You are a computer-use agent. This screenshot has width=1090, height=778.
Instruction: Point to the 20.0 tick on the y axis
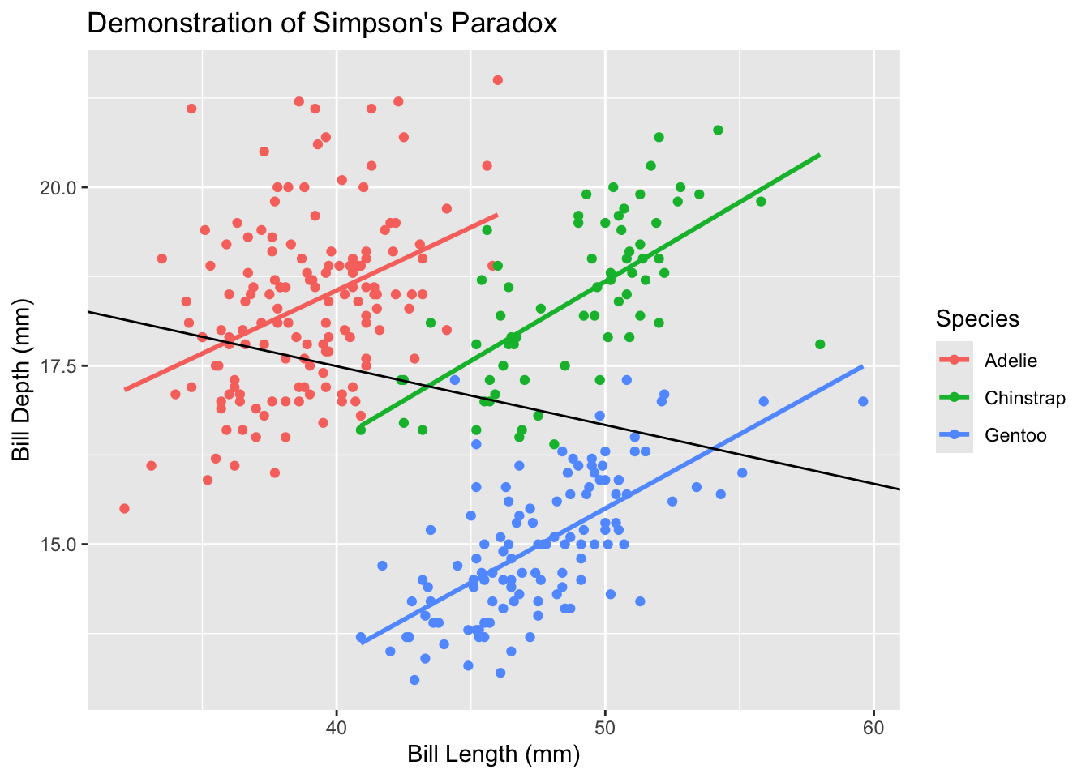pyautogui.click(x=59, y=187)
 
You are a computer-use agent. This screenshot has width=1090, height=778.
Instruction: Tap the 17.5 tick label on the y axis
pyautogui.click(x=59, y=366)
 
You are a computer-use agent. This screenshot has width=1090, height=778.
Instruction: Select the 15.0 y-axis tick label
pyautogui.click(x=59, y=545)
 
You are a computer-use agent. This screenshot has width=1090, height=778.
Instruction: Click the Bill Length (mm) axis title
pyautogui.click(x=493, y=754)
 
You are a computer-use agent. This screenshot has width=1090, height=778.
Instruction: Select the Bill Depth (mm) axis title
pyautogui.click(x=21, y=380)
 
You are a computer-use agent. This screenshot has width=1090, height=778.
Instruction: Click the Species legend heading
pyautogui.click(x=977, y=318)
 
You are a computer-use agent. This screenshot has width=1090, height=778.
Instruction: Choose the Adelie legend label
pyautogui.click(x=1011, y=361)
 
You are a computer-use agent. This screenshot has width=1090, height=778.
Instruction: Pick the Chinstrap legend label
pyautogui.click(x=1024, y=398)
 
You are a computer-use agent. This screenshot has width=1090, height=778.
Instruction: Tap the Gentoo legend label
pyautogui.click(x=1015, y=435)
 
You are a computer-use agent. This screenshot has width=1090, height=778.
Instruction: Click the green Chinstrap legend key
pyautogui.click(x=955, y=398)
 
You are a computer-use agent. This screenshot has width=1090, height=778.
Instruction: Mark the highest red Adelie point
pyautogui.click(x=498, y=79)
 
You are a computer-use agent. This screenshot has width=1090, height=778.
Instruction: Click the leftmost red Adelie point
pyautogui.click(x=124, y=508)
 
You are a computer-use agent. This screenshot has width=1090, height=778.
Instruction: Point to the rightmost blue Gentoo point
pyautogui.click(x=863, y=401)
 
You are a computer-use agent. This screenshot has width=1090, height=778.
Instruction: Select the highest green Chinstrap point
pyautogui.click(x=718, y=130)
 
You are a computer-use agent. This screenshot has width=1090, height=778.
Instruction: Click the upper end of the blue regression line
pyautogui.click(x=862, y=366)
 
